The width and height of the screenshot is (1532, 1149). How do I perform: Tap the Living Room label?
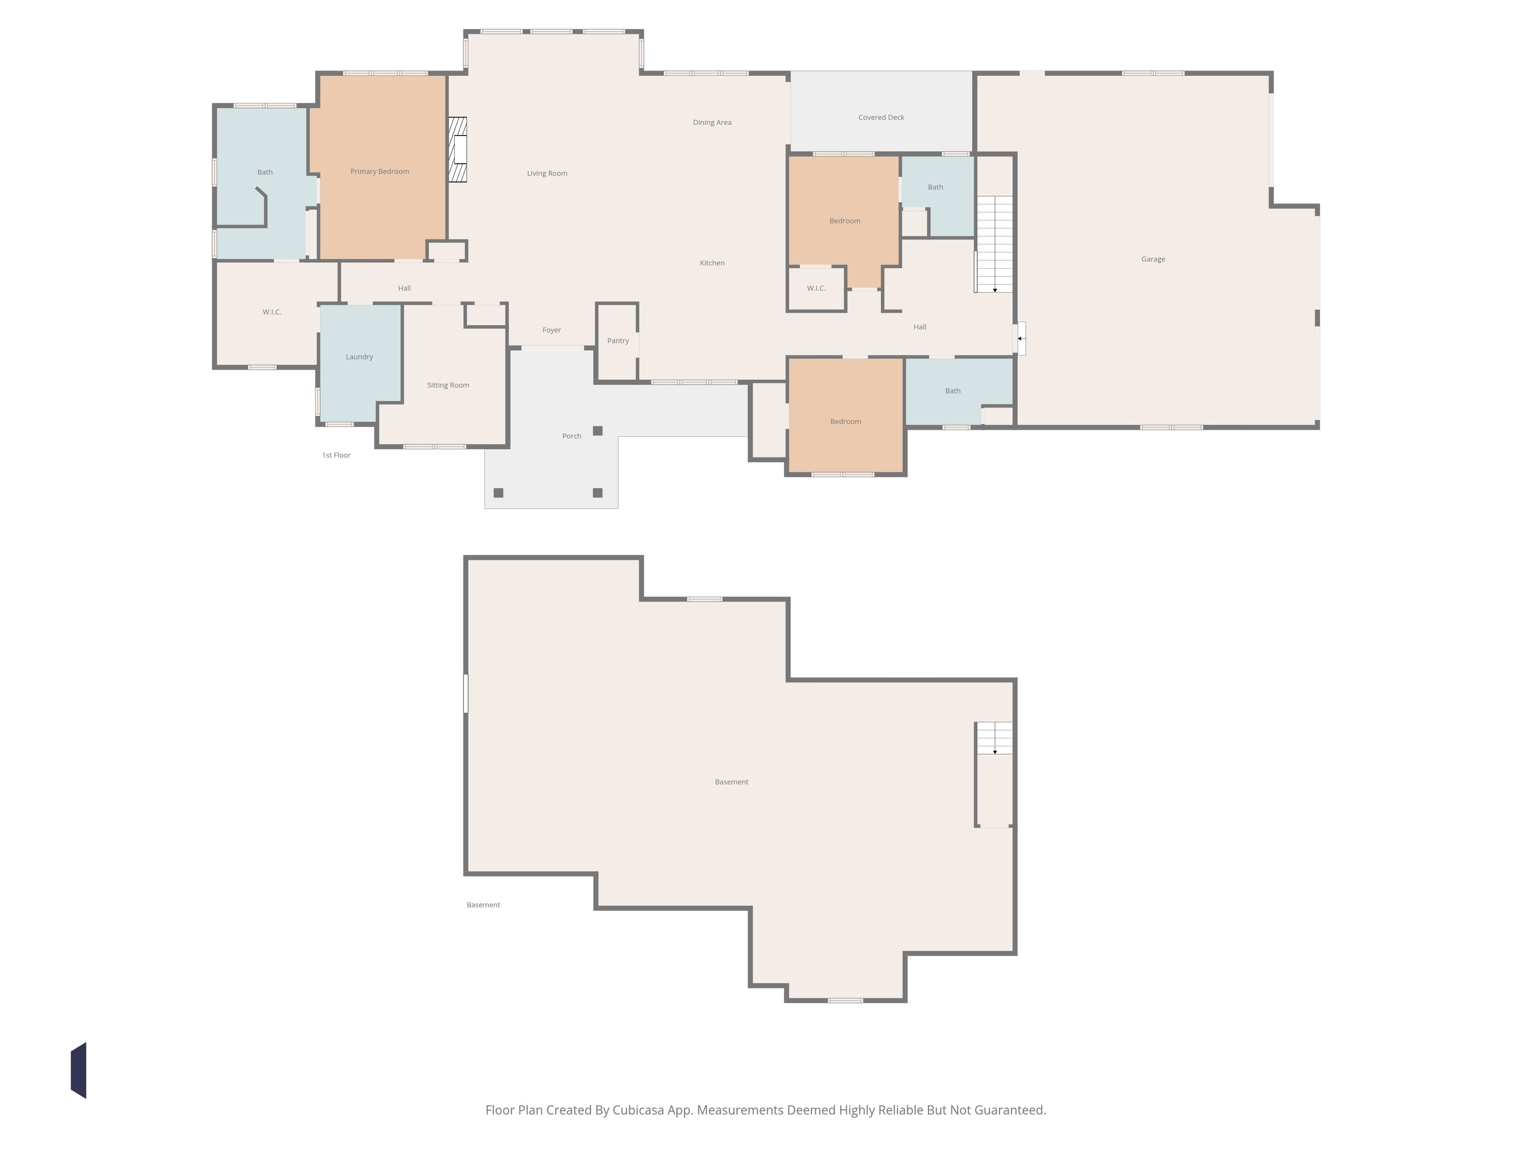(x=547, y=173)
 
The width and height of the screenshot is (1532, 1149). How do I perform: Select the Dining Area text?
(x=712, y=123)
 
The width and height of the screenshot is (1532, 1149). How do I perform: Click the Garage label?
(x=1153, y=259)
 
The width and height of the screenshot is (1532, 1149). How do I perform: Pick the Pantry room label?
(x=618, y=341)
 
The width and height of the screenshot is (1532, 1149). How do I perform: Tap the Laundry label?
(x=360, y=357)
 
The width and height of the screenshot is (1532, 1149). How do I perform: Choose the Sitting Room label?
(x=448, y=385)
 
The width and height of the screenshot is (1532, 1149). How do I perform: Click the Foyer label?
(x=552, y=330)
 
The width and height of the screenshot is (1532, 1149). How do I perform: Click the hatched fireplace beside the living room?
(x=457, y=149)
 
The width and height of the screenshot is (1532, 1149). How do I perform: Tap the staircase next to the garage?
(x=994, y=244)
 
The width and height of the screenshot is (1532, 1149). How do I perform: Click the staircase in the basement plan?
(x=994, y=738)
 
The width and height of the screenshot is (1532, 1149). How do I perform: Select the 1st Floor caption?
(x=336, y=455)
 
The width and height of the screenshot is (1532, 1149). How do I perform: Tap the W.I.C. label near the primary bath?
(x=271, y=312)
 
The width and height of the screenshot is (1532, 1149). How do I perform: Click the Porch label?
(x=571, y=436)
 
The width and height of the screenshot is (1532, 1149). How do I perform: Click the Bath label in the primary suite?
(x=265, y=172)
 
